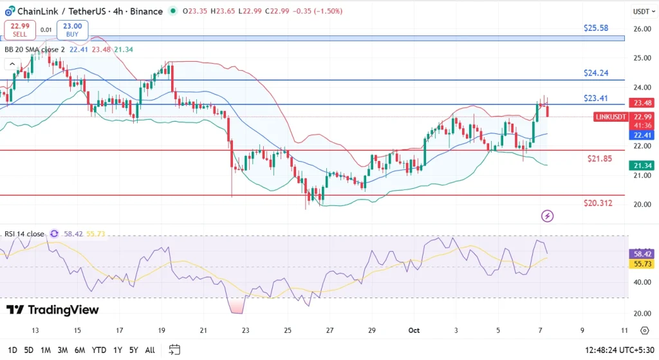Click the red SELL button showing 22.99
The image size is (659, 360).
pos(20,30)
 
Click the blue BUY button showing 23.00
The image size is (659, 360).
pos(72,30)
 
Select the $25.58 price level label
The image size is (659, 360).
pos(595,28)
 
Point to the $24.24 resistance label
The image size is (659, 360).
pos(595,73)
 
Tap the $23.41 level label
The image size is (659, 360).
pos(595,98)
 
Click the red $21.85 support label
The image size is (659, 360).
pos(599,158)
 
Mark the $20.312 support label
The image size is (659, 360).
pos(598,203)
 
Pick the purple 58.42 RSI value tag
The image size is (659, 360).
pos(642,254)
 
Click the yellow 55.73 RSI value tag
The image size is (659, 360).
pos(642,264)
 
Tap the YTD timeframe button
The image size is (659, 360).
pos(98,350)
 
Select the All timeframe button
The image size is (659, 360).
pos(150,350)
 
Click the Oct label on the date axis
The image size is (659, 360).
pos(413,330)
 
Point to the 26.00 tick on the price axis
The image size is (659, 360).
pos(641,29)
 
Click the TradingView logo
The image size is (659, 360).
pos(53,310)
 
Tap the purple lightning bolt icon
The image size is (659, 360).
pos(547,216)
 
